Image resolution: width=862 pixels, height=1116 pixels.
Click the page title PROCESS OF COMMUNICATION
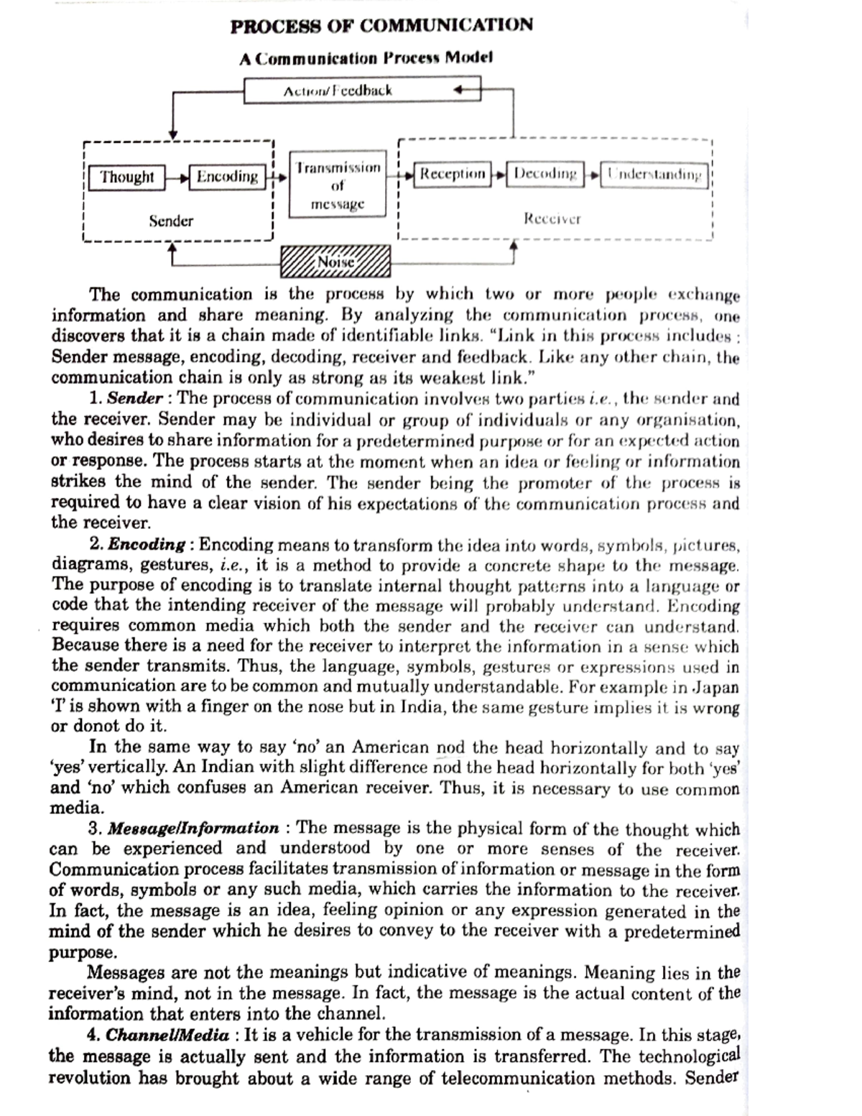pos(381,26)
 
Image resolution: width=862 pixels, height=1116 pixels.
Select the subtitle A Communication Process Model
pos(366,58)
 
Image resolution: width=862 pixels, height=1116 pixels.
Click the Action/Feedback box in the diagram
pos(338,91)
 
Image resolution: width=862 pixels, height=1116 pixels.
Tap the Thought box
pos(126,177)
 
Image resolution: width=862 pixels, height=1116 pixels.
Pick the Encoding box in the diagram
pos(227,177)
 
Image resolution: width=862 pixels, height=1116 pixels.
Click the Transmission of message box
pos(338,185)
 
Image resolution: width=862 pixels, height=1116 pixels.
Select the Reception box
pos(453,174)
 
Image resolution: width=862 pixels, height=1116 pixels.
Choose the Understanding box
pos(654,175)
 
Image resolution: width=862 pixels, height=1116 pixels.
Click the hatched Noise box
pos(335,262)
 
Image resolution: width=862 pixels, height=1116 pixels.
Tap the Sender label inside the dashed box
pos(171,221)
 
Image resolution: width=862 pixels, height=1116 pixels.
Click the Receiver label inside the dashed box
pos(552,218)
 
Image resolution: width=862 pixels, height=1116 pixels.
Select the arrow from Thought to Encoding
pos(177,177)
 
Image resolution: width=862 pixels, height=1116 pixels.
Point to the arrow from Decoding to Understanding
pos(592,175)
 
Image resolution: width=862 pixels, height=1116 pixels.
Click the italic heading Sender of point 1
pos(135,399)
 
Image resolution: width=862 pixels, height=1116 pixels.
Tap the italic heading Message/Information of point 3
pos(193,829)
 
